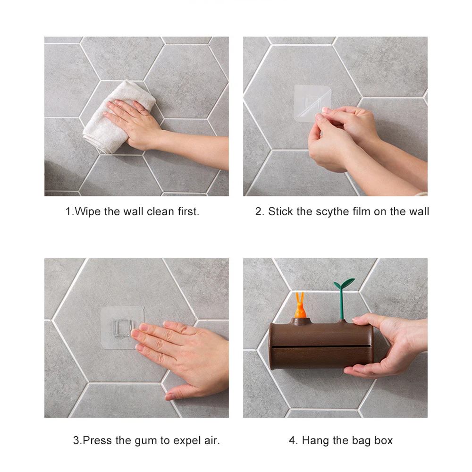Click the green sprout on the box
(x=343, y=297)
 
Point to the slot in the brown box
(x=321, y=346)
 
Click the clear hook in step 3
(x=122, y=328)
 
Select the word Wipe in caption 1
(x=88, y=211)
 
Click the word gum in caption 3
(x=146, y=441)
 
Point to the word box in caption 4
(x=383, y=440)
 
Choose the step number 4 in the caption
(x=292, y=441)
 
